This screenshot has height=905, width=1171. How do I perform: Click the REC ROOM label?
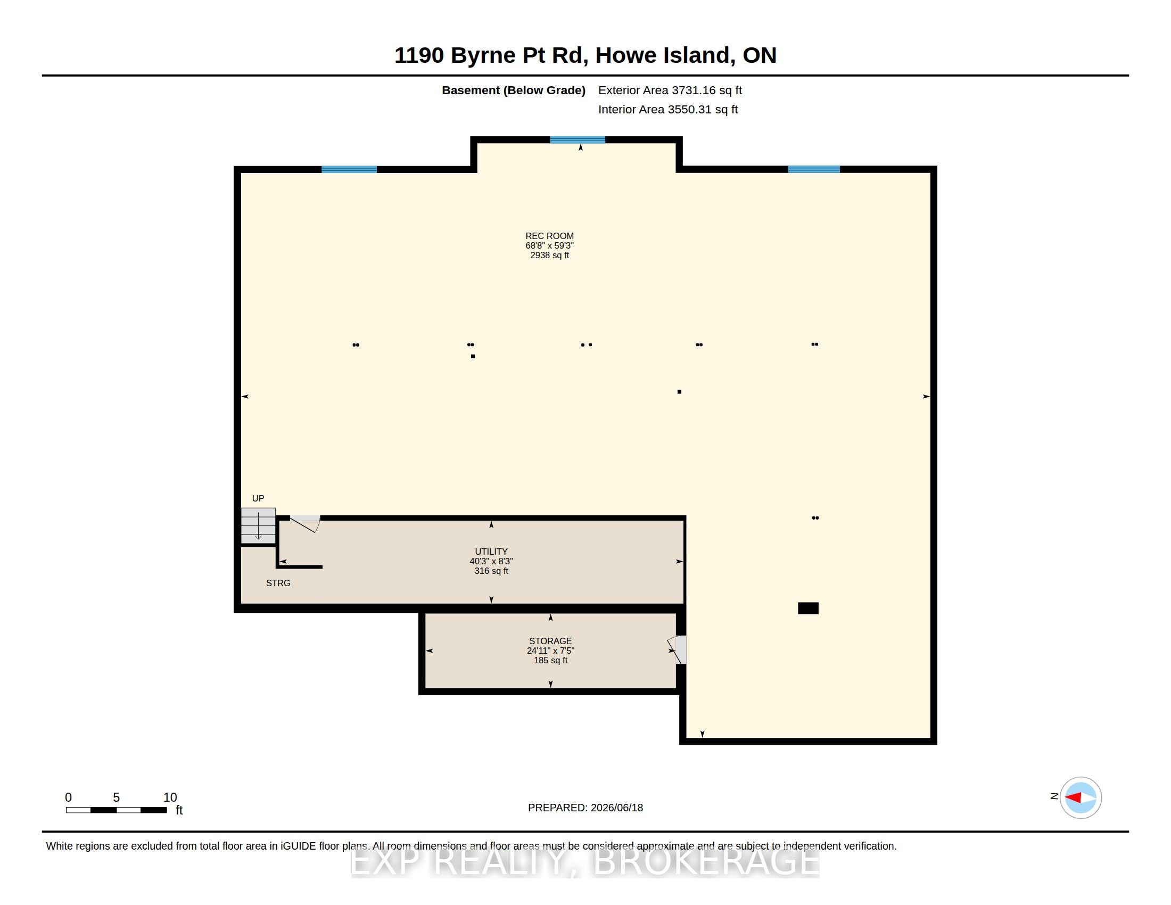(x=549, y=236)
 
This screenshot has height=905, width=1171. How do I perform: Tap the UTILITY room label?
(x=491, y=552)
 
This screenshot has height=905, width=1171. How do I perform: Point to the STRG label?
(x=278, y=583)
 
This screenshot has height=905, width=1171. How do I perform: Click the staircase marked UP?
(x=258, y=525)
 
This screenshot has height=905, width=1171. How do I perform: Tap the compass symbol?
(x=1081, y=798)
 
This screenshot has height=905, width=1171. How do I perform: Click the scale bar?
(x=117, y=810)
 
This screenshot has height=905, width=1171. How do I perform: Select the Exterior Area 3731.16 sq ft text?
(x=670, y=90)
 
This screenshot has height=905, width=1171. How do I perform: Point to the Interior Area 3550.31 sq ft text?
(x=668, y=110)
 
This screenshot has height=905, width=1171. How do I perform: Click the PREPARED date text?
(x=585, y=808)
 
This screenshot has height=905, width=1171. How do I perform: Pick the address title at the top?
(x=585, y=55)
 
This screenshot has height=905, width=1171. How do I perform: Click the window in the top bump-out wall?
(x=578, y=140)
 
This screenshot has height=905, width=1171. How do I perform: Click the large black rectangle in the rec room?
(x=808, y=608)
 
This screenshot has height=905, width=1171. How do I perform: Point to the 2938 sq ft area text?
(x=550, y=255)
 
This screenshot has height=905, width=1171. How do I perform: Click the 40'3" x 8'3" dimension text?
(x=491, y=561)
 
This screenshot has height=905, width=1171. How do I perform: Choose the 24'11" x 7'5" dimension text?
(x=551, y=651)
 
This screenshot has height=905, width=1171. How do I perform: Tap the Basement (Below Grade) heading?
(x=514, y=90)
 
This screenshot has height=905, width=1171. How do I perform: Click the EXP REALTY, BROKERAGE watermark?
(x=585, y=862)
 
